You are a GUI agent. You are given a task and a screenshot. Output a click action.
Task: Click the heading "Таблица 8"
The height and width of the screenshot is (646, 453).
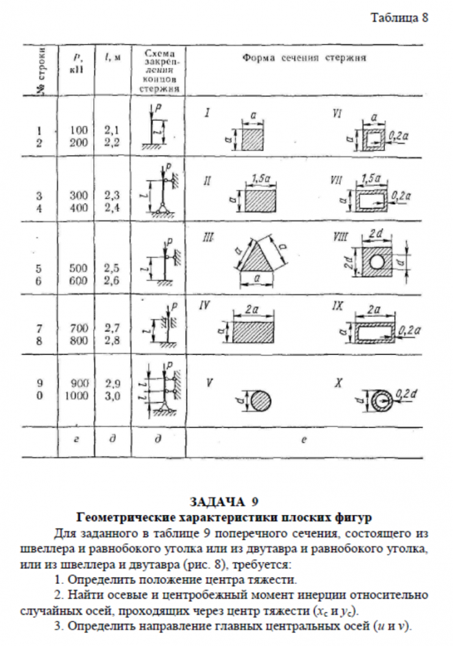pos(399,18)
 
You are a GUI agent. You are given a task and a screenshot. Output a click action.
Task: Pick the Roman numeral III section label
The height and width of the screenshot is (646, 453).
pos(208,237)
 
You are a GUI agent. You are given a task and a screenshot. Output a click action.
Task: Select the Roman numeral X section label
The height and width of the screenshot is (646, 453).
pos(338,382)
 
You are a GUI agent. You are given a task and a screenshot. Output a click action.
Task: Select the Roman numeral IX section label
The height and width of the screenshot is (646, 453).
pos(337,303)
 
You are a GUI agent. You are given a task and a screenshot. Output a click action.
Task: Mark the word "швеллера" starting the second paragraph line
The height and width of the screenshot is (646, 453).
pos(51,548)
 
